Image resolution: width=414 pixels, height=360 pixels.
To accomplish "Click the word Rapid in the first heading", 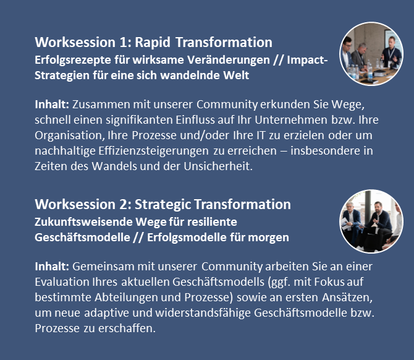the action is coord(153,42).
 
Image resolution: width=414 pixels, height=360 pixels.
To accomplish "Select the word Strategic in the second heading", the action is coord(163,204).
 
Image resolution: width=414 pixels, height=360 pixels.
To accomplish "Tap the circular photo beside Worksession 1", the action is coord(371,54).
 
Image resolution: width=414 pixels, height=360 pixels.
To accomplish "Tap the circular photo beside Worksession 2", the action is coord(371,221).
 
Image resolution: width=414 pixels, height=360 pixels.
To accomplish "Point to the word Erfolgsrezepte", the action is coord(73,60).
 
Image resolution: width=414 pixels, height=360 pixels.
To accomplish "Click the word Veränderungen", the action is coord(229,60).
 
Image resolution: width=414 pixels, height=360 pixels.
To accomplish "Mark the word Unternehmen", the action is coord(291,120).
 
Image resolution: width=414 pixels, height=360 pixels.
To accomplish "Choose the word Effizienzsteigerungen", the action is coord(153,151).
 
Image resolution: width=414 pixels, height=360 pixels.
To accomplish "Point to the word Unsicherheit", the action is coord(218,166).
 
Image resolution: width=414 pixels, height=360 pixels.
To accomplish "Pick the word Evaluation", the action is coord(62,282).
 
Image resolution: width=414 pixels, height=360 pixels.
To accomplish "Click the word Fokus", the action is coord(329,282).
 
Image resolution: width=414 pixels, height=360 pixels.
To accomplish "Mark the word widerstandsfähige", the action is coord(203,313).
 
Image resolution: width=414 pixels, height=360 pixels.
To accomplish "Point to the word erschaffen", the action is coord(127,328).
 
